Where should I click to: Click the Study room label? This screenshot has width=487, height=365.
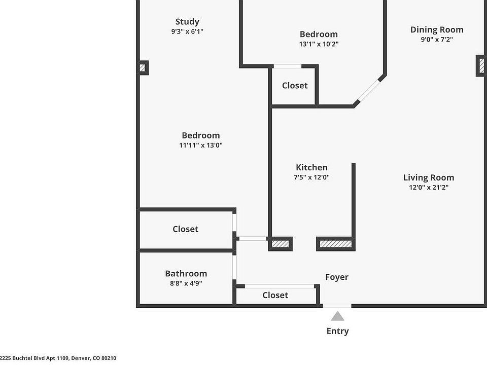pyautogui.click(x=187, y=22)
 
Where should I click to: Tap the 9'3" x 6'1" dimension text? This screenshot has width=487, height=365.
pyautogui.click(x=187, y=31)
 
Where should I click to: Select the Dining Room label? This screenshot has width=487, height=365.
pyautogui.click(x=437, y=29)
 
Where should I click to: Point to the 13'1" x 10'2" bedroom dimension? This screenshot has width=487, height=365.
pyautogui.click(x=319, y=44)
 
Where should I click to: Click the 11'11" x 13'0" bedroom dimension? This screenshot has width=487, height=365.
pyautogui.click(x=201, y=145)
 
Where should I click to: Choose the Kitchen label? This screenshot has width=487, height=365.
pyautogui.click(x=311, y=167)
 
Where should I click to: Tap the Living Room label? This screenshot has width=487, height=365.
pyautogui.click(x=429, y=177)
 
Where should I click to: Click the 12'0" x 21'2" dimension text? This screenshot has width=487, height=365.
pyautogui.click(x=429, y=187)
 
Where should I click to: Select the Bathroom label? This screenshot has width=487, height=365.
pyautogui.click(x=186, y=274)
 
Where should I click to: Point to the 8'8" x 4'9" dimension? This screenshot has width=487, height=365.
pyautogui.click(x=186, y=283)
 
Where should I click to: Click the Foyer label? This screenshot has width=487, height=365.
pyautogui.click(x=337, y=277)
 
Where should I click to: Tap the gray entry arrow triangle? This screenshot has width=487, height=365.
pyautogui.click(x=337, y=317)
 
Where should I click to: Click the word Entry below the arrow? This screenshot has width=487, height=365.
pyautogui.click(x=337, y=331)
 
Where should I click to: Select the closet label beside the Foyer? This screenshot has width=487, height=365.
pyautogui.click(x=275, y=295)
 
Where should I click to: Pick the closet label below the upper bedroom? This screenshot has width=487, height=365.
pyautogui.click(x=295, y=86)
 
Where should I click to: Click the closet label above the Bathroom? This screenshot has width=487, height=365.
pyautogui.click(x=185, y=229)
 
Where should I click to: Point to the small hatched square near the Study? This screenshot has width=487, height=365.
pyautogui.click(x=143, y=67)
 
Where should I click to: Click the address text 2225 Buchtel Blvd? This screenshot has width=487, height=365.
pyautogui.click(x=58, y=358)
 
